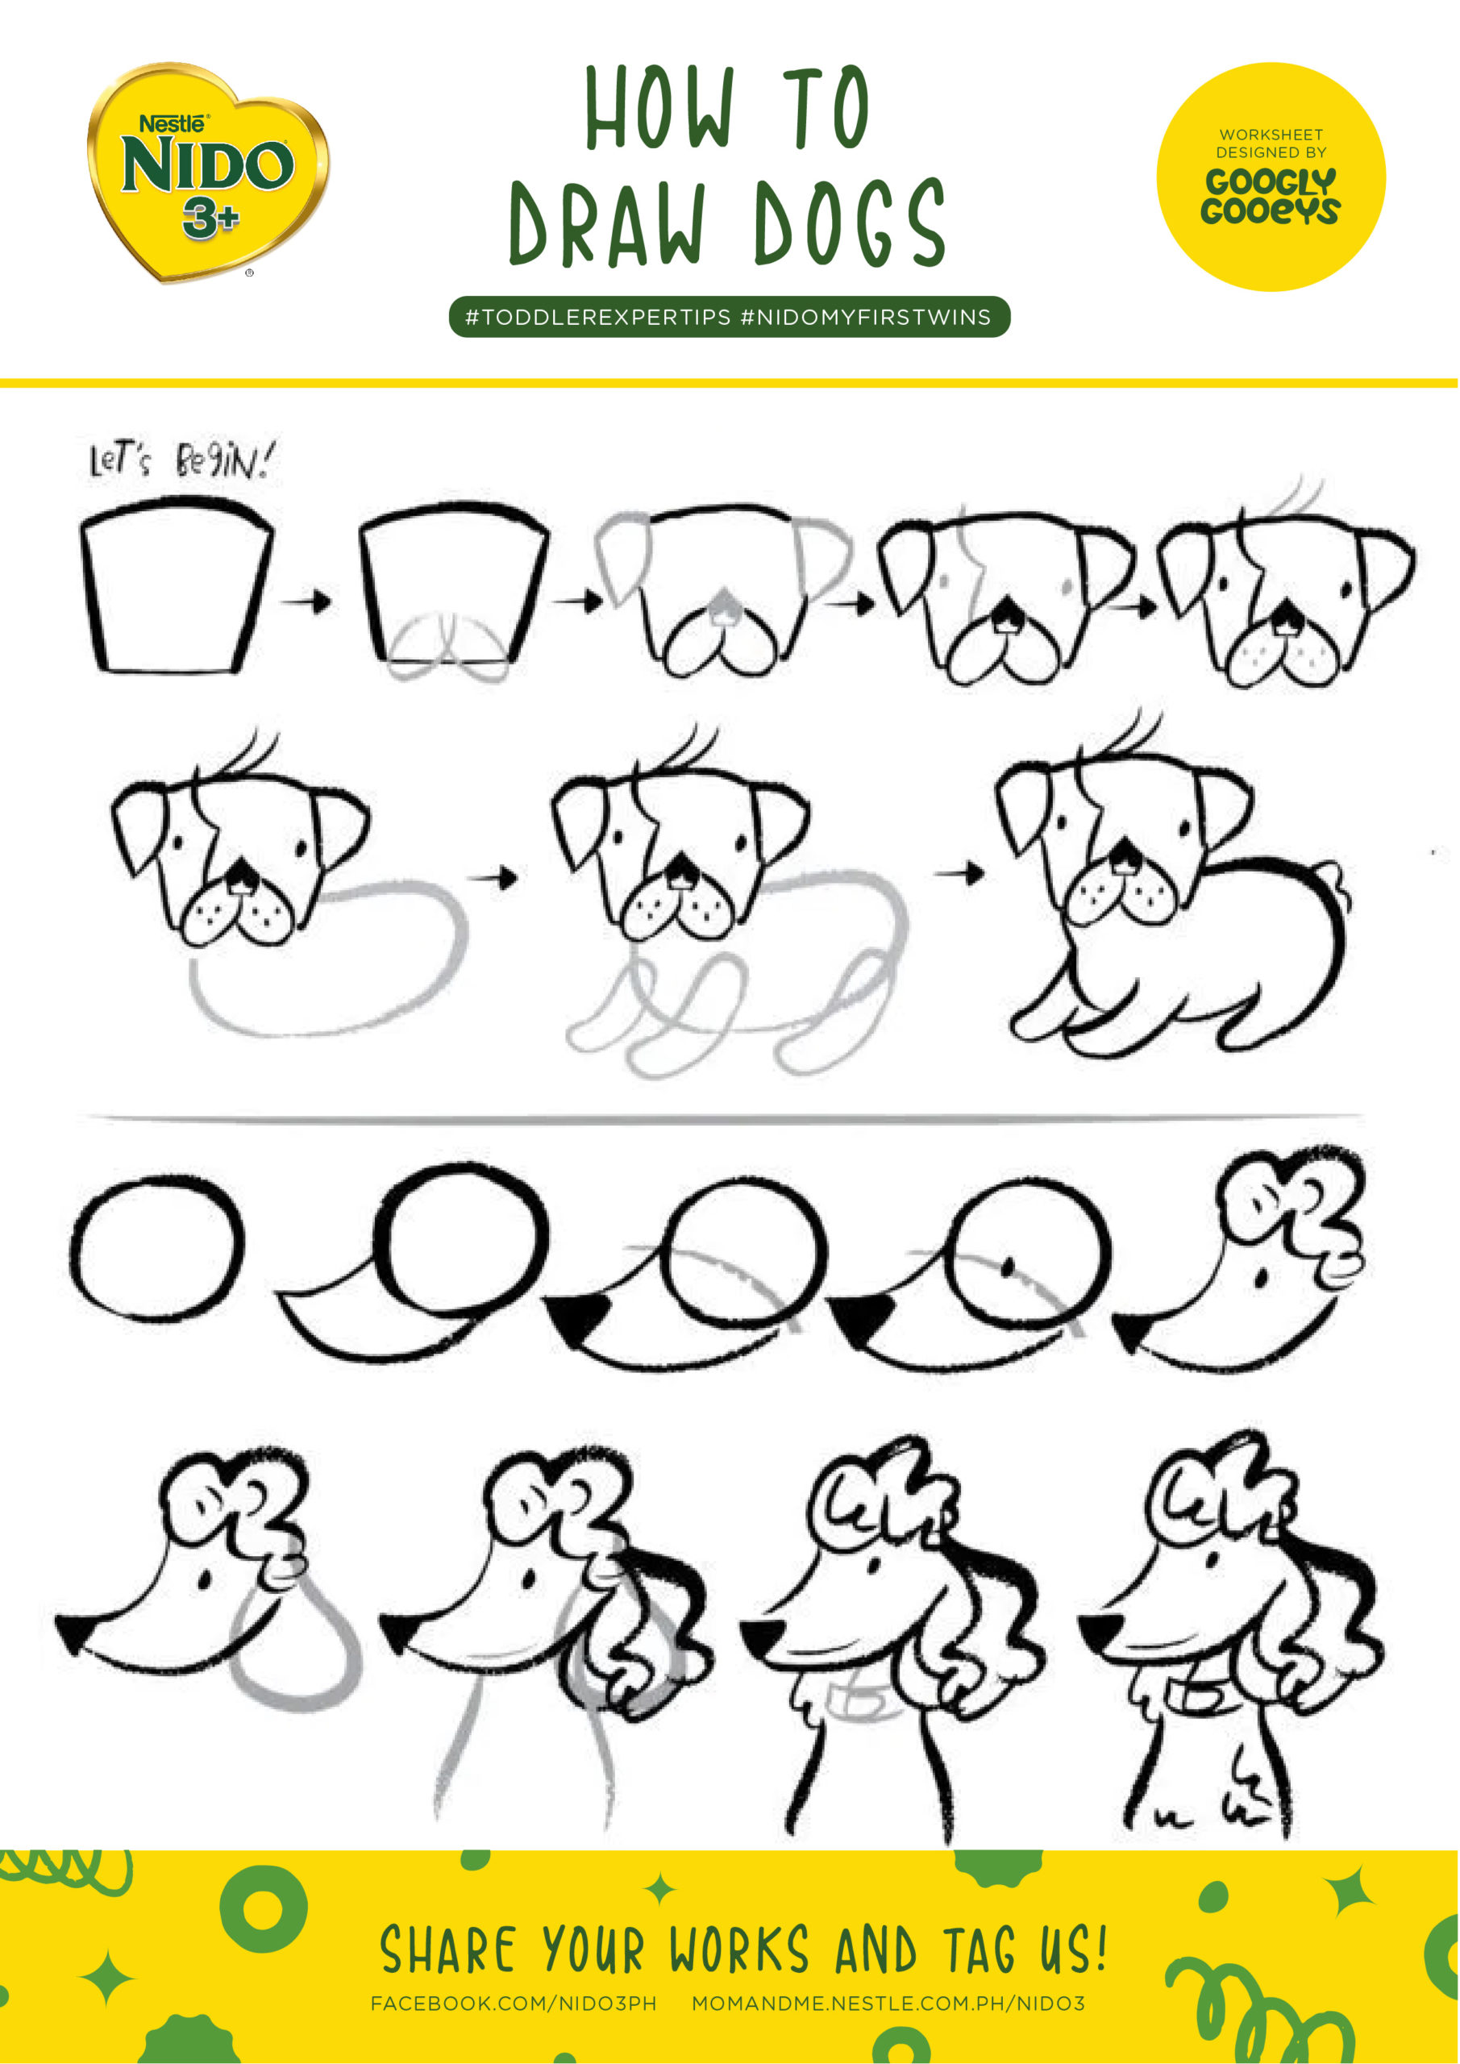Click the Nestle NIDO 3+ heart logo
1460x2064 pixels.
tap(208, 171)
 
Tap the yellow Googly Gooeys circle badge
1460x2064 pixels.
tap(1270, 177)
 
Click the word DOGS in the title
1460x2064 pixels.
tap(850, 223)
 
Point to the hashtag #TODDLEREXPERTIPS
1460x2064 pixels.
tap(598, 318)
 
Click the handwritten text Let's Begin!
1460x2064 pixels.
tap(180, 461)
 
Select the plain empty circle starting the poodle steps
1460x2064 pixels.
tap(156, 1250)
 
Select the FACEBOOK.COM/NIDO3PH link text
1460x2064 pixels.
tap(514, 2004)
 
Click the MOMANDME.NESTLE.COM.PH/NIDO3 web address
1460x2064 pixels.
tap(888, 2004)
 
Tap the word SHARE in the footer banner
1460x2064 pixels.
tap(447, 1952)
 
